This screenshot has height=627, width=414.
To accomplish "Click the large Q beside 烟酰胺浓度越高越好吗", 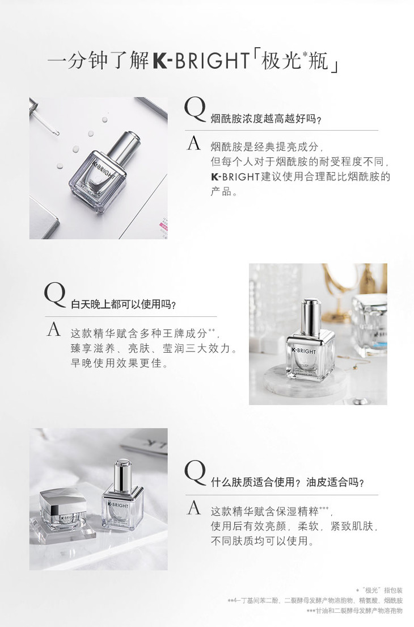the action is (x=195, y=110).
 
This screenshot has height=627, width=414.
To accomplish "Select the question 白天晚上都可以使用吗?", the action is (x=124, y=304).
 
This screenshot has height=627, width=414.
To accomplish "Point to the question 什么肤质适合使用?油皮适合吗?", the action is (x=288, y=482).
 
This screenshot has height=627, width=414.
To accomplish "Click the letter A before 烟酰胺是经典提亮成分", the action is (x=193, y=144).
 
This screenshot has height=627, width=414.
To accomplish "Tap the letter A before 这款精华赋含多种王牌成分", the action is (x=54, y=329).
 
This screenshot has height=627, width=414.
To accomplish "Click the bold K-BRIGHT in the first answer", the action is (x=235, y=177).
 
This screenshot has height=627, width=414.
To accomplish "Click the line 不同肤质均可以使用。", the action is (x=262, y=541).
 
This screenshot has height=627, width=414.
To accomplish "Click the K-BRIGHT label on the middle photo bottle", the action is (x=303, y=350).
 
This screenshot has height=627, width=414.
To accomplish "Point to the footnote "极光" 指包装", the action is (x=379, y=590).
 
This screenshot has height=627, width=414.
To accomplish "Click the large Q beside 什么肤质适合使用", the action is (x=195, y=474).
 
